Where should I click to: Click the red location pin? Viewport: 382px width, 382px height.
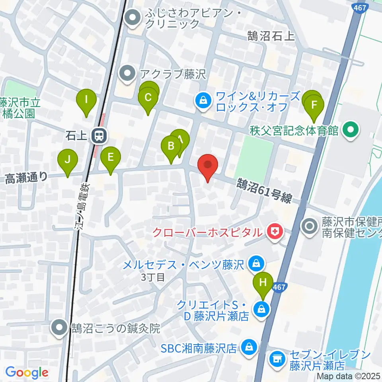coord(207,165)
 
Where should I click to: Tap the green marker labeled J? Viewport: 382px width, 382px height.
coord(68,160)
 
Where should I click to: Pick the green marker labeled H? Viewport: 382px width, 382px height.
coord(263,283)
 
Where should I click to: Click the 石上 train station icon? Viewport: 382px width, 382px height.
coord(97,136)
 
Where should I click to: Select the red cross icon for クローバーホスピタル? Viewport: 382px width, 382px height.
coord(274,231)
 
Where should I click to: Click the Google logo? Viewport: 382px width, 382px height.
coord(27,372)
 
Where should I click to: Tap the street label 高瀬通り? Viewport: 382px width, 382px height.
coord(27,178)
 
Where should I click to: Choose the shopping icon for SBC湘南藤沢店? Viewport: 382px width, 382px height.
coord(249,348)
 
